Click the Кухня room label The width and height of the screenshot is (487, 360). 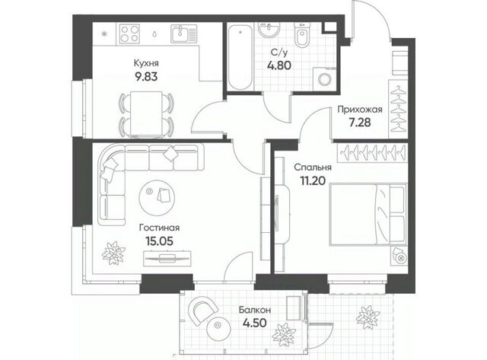(146, 63)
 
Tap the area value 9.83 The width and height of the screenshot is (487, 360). (146, 76)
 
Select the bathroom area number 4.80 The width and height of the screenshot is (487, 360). (279, 65)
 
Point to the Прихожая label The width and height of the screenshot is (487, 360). (360, 110)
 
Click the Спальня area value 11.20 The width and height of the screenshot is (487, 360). (313, 180)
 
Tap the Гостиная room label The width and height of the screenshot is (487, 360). (159, 228)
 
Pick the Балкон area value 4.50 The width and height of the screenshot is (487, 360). (255, 323)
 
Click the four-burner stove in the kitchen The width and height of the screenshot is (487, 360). (129, 33)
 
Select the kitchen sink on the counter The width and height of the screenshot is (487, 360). (184, 33)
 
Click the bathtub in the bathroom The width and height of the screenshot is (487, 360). (240, 57)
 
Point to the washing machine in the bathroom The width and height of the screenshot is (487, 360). (324, 79)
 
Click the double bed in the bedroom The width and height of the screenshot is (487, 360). (368, 215)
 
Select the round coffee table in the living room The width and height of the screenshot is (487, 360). (157, 198)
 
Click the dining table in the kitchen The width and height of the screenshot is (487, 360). (146, 113)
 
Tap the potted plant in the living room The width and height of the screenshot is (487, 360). (113, 253)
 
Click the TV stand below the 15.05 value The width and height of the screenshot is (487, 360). (167, 259)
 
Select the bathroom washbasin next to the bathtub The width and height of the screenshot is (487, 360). (269, 30)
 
